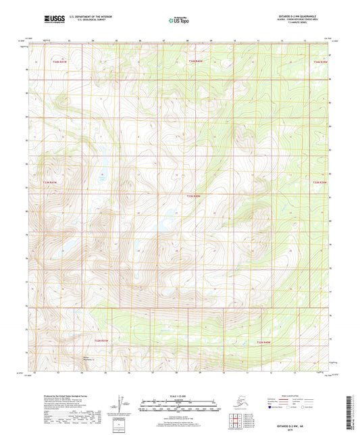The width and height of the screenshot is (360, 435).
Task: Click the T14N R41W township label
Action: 60,61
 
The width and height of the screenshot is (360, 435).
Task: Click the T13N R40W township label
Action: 194,195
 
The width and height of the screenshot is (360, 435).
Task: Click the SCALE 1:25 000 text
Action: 179,396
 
